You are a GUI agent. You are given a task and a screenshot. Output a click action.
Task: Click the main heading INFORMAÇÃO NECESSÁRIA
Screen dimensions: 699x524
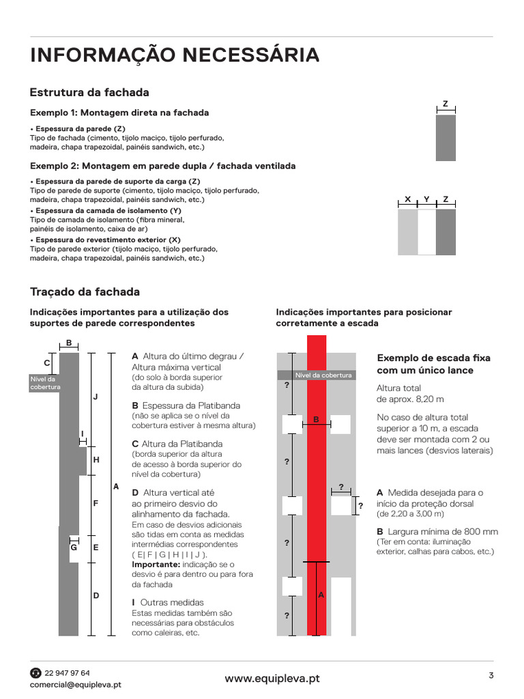coord(174,55)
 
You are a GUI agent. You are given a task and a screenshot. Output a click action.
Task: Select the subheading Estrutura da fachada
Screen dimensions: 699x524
coord(89,92)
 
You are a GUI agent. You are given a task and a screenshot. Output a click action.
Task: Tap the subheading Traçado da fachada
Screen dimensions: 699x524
coord(85,291)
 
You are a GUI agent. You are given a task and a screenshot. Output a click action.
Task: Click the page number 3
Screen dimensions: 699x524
coord(491,676)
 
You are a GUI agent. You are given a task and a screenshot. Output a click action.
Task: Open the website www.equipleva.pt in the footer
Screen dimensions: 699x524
coord(272,679)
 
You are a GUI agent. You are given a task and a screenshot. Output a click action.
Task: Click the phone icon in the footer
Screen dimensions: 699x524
coord(35,673)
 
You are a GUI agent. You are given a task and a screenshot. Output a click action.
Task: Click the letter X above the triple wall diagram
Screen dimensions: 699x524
coord(407,199)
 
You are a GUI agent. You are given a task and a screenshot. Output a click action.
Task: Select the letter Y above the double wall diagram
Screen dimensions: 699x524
coord(426,199)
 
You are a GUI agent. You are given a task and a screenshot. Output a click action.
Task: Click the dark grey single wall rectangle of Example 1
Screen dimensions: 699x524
coord(446,137)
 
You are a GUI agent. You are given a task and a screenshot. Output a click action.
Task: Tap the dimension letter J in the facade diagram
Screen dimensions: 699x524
coord(96,397)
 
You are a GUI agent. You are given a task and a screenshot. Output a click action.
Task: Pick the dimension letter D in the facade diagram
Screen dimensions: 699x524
coord(96,595)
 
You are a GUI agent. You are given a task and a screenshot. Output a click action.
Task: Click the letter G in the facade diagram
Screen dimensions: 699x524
coord(74,547)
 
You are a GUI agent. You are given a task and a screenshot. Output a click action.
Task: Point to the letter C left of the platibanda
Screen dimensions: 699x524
coord(47,363)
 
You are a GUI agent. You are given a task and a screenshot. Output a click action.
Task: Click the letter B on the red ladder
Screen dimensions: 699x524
coord(316,419)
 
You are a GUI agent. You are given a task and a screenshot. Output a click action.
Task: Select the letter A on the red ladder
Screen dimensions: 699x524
coord(321,595)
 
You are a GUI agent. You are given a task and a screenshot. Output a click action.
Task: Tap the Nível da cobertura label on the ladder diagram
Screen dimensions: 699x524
coord(323,375)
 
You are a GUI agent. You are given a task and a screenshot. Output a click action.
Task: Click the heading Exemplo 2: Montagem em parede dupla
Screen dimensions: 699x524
coord(163,166)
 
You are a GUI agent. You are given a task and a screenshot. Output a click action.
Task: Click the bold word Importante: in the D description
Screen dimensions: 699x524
coord(155,565)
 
